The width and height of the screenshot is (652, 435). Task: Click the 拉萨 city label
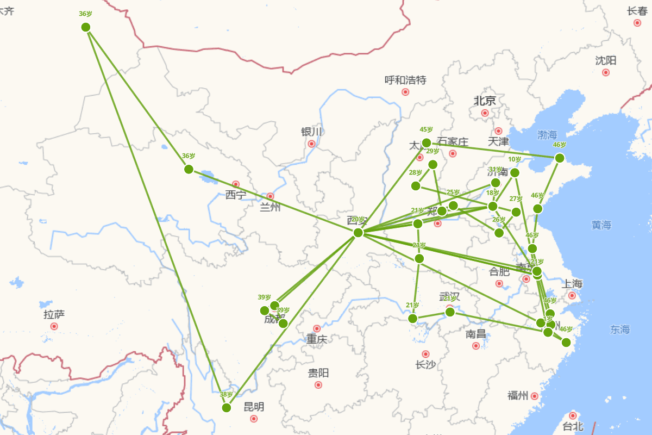[54, 314]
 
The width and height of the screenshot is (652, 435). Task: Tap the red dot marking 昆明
[254, 419]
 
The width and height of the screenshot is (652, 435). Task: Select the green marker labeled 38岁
[227, 407]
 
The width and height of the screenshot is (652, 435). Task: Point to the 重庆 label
[317, 339]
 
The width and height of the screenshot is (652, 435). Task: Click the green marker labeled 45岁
[427, 143]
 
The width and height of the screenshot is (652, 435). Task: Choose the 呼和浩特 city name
[405, 80]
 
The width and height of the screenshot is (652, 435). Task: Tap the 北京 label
[485, 101]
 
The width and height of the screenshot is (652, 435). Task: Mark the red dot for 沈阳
[606, 72]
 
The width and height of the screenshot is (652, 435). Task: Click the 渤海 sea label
[547, 134]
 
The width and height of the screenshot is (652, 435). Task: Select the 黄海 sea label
[601, 225]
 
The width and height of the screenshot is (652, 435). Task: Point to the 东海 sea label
[620, 330]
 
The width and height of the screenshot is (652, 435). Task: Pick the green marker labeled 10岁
[515, 173]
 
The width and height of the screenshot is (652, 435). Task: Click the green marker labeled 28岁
[416, 186]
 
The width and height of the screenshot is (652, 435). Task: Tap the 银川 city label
[311, 132]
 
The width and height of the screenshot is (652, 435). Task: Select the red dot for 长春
[637, 23]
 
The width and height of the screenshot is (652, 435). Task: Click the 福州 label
[518, 395]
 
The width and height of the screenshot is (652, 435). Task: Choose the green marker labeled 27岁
[516, 212]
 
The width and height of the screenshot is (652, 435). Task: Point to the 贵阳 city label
[318, 373]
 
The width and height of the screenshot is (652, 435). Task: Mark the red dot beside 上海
[572, 295]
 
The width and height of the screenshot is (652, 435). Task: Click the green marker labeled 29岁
[433, 164]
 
